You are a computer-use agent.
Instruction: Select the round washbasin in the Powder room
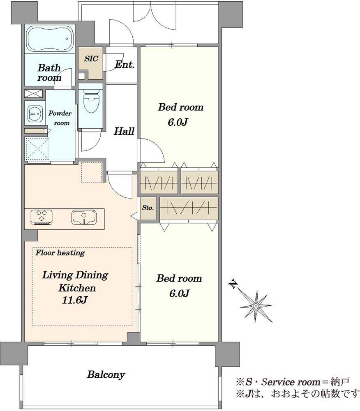[35, 114]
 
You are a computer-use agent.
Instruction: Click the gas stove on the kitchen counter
[42, 217]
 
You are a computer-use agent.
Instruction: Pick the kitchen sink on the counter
[83, 217]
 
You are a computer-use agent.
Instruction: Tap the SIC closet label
[91, 58]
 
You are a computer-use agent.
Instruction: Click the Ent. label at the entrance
[125, 64]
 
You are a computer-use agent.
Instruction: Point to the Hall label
[124, 131]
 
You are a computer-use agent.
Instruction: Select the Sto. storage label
[148, 208]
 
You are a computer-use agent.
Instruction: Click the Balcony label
[106, 374]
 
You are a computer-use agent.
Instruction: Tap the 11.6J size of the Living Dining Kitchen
[74, 300]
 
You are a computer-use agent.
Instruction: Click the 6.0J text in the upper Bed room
[178, 122]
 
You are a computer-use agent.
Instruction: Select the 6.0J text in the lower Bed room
[179, 293]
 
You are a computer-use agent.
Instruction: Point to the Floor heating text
[60, 253]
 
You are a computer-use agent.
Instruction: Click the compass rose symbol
[256, 306]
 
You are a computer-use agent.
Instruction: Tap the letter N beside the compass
[233, 284]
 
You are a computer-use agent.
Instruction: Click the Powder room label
[60, 118]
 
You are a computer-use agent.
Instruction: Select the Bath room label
[49, 73]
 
